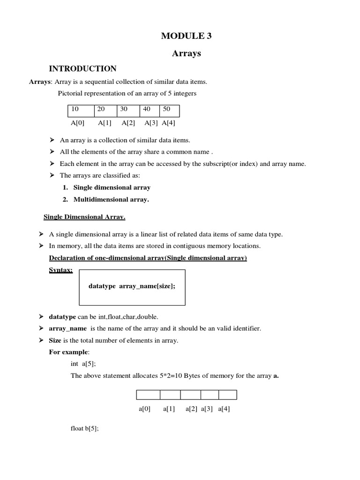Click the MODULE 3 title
coord(187,36)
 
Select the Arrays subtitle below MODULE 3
coord(187,53)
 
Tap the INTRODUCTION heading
coord(83,69)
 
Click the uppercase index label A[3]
coord(151,123)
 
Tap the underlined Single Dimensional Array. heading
coord(84,217)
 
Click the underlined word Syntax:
coord(61,270)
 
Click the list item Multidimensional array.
coord(111,199)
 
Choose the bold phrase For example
coord(68,352)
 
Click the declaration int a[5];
coord(83,364)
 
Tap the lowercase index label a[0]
coord(144,409)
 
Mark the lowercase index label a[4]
coord(224,409)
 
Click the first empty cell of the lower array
coord(148,395)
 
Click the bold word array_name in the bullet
coord(68,329)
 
